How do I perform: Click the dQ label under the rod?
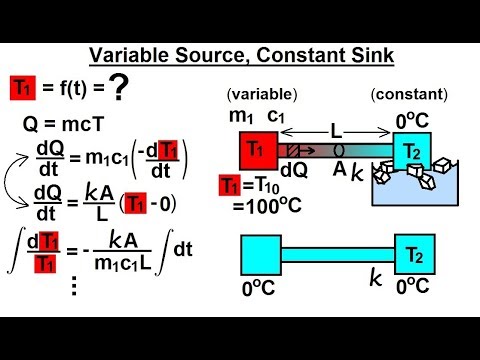tap(294, 170)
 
